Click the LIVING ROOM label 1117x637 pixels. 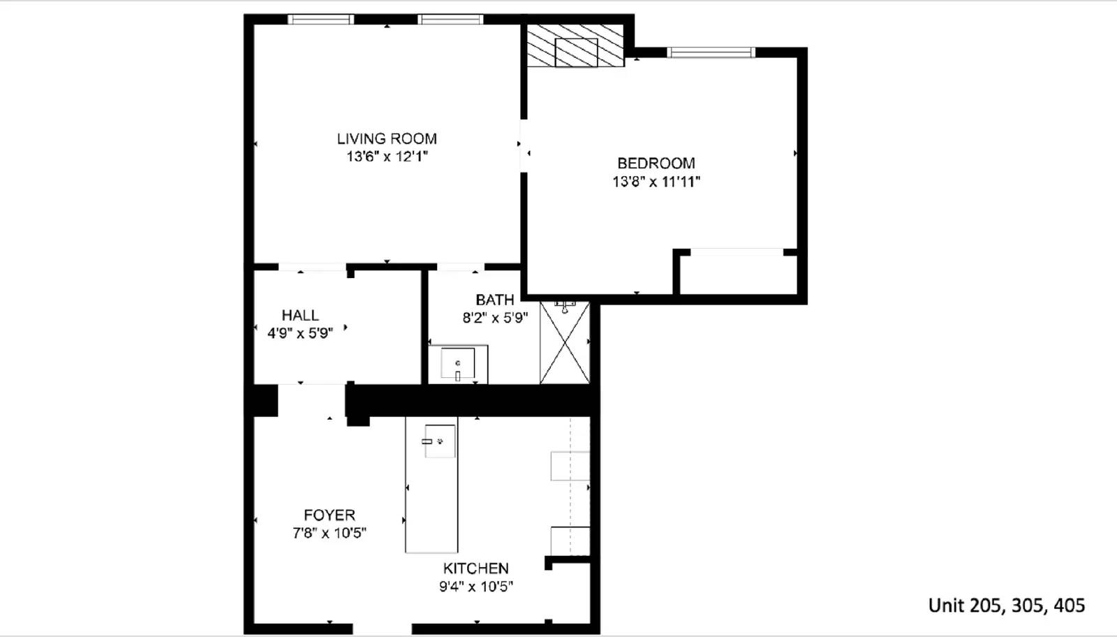tap(387, 138)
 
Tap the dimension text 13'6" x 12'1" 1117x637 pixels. tap(387, 156)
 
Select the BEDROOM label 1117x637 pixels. tap(656, 163)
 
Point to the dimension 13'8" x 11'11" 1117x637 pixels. tap(656, 182)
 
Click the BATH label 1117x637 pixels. tap(494, 300)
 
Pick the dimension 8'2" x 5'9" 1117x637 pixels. tap(494, 318)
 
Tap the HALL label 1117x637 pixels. tap(299, 315)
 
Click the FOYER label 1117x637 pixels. tap(329, 515)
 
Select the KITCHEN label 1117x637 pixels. tap(475, 568)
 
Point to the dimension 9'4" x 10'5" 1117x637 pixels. tap(475, 587)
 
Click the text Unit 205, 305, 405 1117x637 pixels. tap(1006, 605)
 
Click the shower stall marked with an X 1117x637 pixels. tap(564, 342)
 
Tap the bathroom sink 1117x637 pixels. tap(457, 364)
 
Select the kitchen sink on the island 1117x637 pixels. tap(441, 441)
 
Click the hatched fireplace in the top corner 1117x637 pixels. tap(575, 46)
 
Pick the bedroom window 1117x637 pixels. tap(711, 52)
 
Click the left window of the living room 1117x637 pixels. tap(320, 20)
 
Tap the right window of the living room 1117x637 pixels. tap(450, 20)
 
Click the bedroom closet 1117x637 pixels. tap(737, 273)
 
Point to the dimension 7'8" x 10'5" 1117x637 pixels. tap(329, 533)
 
